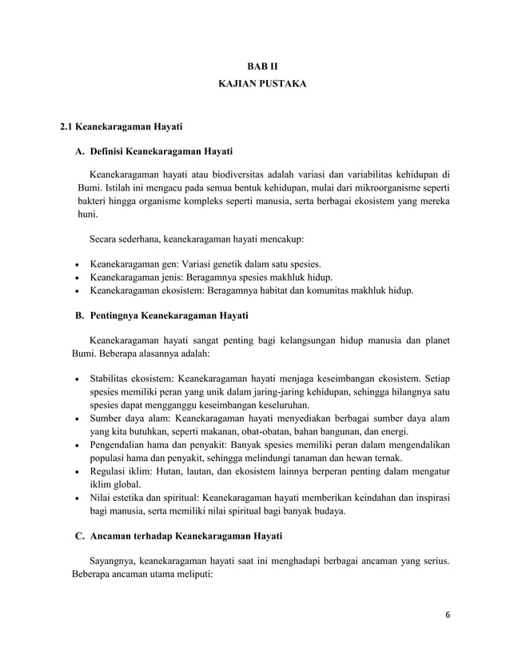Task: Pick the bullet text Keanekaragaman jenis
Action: coord(135,277)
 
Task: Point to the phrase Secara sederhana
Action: coord(124,238)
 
